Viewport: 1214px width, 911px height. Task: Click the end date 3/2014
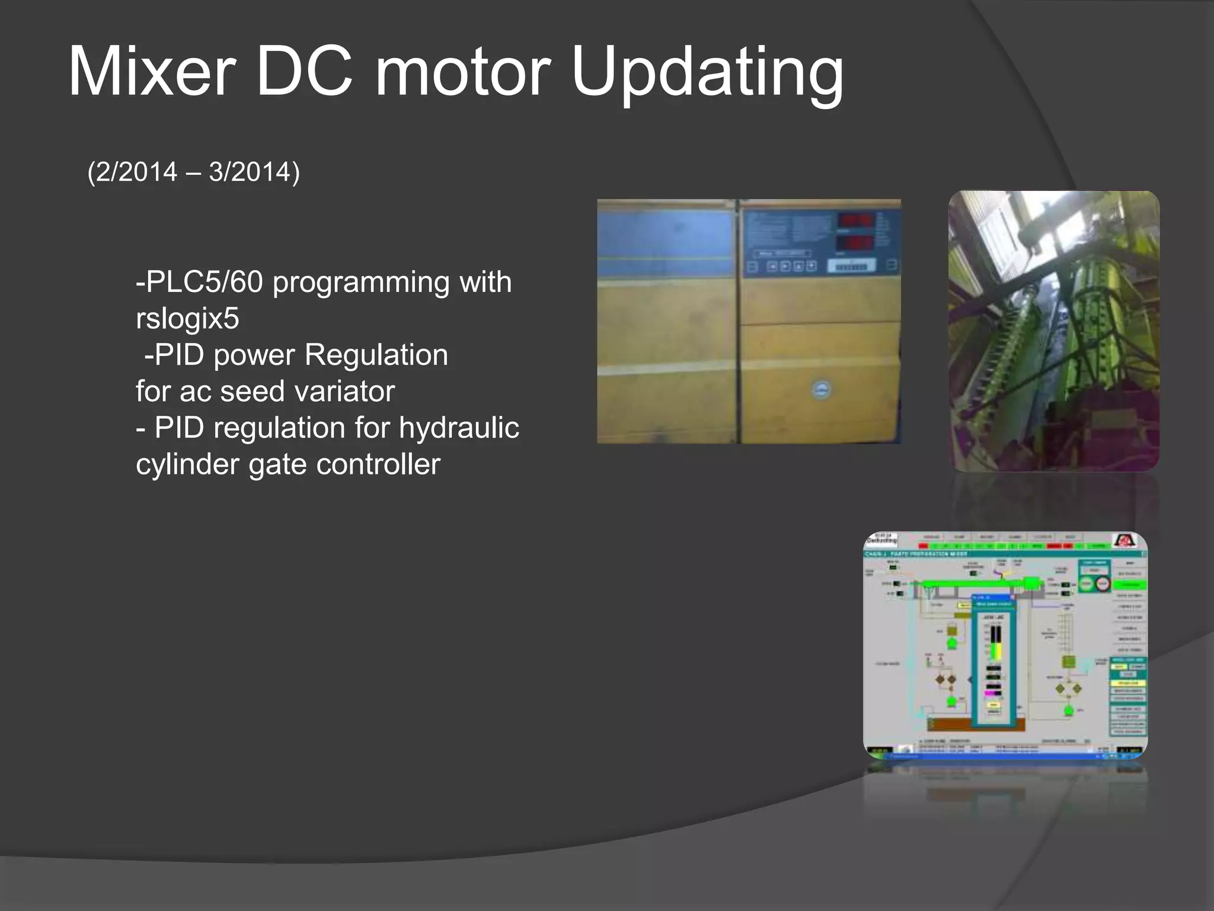click(x=250, y=172)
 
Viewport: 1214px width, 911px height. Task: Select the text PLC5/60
click(x=204, y=282)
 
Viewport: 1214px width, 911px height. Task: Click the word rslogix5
click(x=187, y=318)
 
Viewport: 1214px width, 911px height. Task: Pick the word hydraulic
click(x=459, y=428)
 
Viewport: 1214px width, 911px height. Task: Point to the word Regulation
click(x=376, y=355)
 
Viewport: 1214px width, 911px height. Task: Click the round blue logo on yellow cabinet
click(x=821, y=390)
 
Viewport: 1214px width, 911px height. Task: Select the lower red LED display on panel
click(x=854, y=242)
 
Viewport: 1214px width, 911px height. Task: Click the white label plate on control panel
click(x=851, y=267)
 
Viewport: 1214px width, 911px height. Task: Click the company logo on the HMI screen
click(x=1124, y=541)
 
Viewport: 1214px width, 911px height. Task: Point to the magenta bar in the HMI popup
click(x=992, y=692)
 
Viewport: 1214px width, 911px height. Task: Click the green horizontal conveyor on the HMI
click(x=978, y=584)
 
